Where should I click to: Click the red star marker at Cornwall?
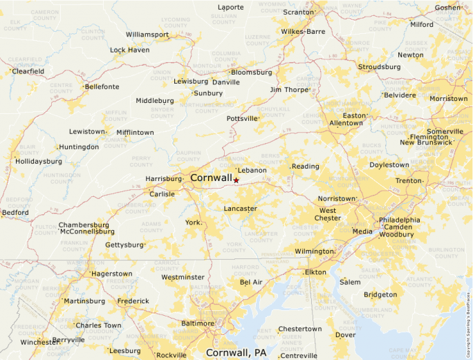236,180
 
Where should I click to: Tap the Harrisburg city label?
163,179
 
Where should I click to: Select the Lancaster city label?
240,208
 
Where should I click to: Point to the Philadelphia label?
399,220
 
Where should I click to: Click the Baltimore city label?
197,323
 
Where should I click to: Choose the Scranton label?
299,12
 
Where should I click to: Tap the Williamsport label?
147,35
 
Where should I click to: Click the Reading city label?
305,167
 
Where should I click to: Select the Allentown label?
346,123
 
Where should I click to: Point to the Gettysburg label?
124,245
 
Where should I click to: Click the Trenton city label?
408,180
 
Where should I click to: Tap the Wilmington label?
314,252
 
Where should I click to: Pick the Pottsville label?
242,118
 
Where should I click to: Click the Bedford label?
16,212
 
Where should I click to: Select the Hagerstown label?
111,274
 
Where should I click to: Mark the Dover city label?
345,334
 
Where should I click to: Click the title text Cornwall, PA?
236,352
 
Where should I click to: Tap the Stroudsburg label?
379,67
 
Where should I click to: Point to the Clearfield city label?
28,71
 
